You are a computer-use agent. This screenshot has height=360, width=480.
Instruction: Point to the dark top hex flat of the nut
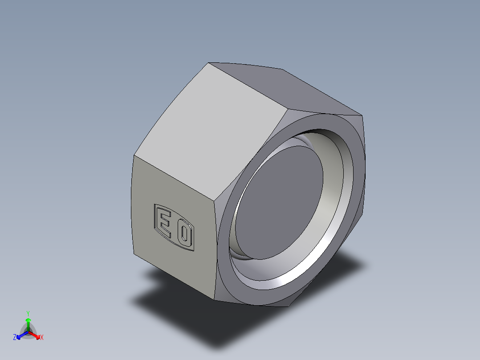coord(285,87)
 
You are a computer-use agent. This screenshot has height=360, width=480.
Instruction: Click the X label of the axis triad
coord(42,338)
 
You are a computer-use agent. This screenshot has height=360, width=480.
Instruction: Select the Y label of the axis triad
coord(28,313)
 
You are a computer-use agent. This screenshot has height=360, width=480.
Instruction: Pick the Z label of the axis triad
coord(15,338)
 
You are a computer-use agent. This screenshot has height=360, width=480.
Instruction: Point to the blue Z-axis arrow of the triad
coord(20,335)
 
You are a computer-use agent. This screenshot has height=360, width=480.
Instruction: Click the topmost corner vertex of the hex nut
coord(209,63)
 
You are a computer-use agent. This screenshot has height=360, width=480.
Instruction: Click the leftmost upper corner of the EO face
coord(134,155)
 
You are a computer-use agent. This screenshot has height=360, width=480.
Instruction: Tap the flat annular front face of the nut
coord(232,276)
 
